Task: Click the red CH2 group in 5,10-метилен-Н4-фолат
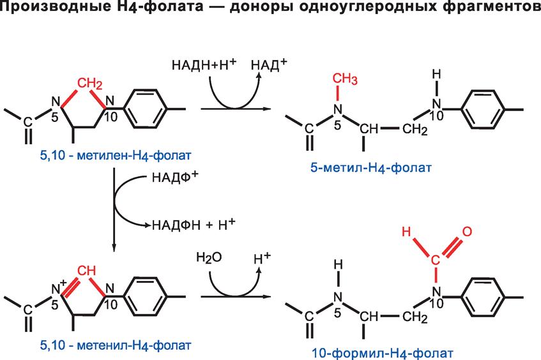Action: tap(89, 84)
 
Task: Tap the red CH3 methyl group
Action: tap(345, 79)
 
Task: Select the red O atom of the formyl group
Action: tap(467, 231)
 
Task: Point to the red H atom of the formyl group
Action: tap(407, 232)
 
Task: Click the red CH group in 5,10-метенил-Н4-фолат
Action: tap(86, 271)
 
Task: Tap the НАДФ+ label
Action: tap(175, 177)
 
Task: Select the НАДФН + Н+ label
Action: tap(194, 225)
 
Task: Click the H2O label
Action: tap(209, 258)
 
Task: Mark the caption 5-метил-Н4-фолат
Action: tap(371, 168)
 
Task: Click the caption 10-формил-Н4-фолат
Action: tap(383, 353)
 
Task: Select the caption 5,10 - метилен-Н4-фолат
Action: tap(116, 155)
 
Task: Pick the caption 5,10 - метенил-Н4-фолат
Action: tap(116, 345)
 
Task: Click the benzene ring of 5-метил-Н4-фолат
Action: tap(483, 110)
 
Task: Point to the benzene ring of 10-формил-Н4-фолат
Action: tap(483, 297)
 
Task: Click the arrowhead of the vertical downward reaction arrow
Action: tap(114, 248)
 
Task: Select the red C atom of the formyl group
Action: tap(436, 260)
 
